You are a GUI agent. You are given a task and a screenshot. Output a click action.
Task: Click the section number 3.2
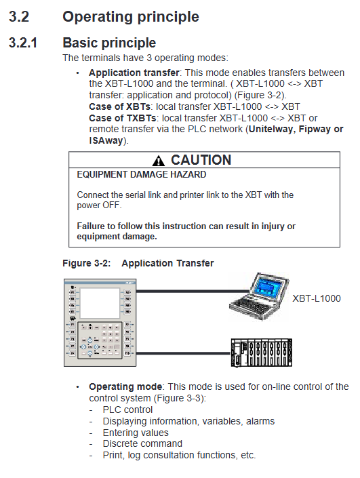[19, 16]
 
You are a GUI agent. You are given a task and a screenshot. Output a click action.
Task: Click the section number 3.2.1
[23, 43]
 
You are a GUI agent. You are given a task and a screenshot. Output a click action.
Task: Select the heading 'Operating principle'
[131, 17]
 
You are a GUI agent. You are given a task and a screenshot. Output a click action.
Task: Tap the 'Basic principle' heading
[109, 43]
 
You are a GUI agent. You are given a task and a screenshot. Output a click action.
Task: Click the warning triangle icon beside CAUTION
[158, 160]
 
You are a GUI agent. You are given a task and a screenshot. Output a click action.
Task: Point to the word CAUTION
[201, 160]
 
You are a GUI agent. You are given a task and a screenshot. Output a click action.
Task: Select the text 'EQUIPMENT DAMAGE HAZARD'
[142, 175]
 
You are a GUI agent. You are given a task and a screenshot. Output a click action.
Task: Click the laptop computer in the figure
[259, 296]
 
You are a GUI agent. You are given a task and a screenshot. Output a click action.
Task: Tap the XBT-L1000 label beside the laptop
[317, 298]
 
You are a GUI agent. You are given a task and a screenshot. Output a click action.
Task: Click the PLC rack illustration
[261, 353]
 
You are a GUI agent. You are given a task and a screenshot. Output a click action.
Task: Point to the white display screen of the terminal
[100, 303]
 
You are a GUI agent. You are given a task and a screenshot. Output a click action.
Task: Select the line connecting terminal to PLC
[184, 354]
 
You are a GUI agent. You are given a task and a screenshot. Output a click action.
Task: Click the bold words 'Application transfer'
[134, 73]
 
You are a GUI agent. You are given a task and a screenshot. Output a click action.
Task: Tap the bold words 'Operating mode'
[125, 387]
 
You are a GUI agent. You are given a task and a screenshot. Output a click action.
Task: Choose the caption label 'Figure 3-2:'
[87, 263]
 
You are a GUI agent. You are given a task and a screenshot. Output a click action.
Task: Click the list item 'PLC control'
[127, 410]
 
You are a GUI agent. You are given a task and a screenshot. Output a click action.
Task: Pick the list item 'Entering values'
[136, 433]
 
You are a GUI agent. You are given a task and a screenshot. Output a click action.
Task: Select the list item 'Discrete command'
[142, 443]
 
